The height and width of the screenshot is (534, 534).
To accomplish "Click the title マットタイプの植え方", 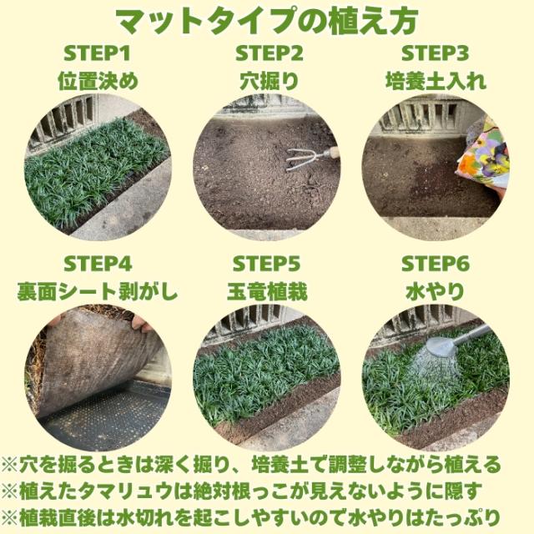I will pos(267,20).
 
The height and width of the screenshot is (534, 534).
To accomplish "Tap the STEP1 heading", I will pos(98,55).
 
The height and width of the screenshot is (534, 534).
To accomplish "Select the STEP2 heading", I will pos(267,55).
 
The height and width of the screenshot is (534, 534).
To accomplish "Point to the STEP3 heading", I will pos(436,55).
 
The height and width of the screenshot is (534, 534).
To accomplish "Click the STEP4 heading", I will pos(98,264).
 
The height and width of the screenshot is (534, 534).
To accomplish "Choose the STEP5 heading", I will pos(267,264).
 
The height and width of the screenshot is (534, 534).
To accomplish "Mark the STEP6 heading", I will pos(436,264).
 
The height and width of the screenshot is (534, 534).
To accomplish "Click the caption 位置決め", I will pos(98,82).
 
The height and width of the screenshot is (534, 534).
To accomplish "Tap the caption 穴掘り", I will pos(267,82).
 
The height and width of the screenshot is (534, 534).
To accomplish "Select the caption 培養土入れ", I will pos(436,82).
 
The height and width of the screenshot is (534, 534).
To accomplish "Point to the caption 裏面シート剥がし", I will pos(98,292).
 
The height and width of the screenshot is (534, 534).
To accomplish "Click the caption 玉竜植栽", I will pos(267,292).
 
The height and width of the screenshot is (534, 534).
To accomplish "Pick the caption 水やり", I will pos(436,292).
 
